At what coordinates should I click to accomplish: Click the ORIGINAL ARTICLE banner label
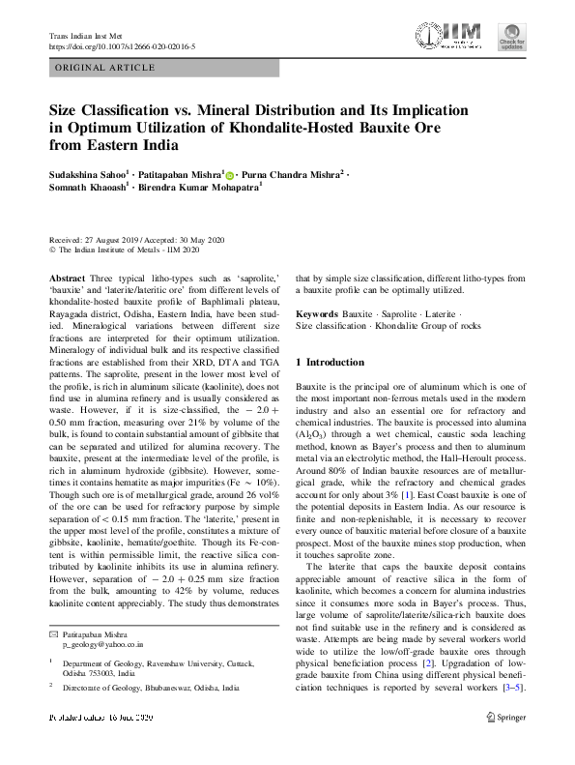pos(104,68)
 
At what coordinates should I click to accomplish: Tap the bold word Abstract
pos(66,277)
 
